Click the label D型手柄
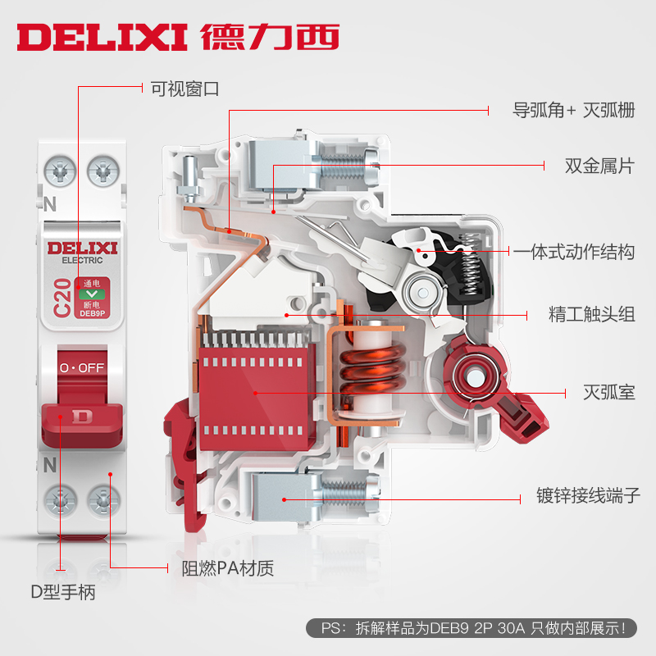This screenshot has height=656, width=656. coord(63,591)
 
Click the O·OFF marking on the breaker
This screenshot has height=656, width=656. coord(81,367)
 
